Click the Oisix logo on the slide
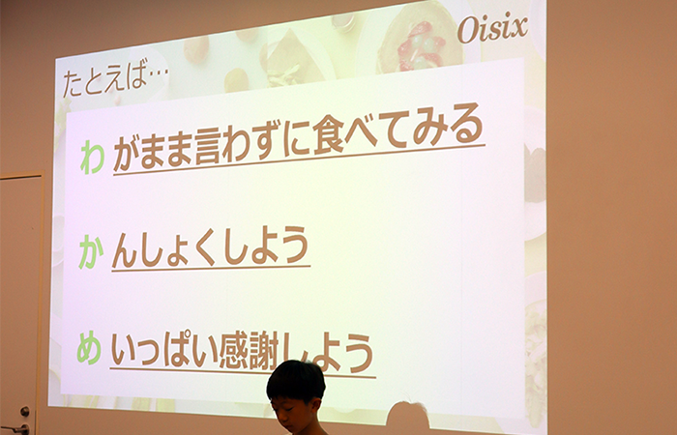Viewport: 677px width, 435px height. [492, 29]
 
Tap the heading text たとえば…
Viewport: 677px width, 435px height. [115, 81]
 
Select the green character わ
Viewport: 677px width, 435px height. [93, 158]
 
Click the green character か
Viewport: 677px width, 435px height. [91, 253]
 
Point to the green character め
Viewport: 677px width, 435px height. [89, 348]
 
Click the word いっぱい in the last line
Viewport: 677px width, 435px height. [164, 350]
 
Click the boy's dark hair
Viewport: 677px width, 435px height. [296, 381]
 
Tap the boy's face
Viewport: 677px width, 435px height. [295, 414]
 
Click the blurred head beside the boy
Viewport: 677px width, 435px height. [407, 418]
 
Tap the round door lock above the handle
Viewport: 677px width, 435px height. [24, 411]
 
